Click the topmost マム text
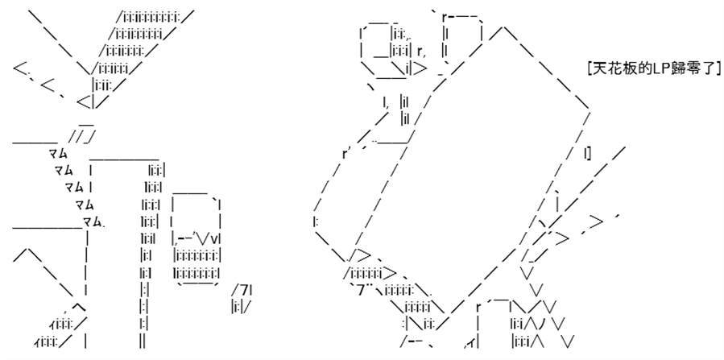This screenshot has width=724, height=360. (x=58, y=153)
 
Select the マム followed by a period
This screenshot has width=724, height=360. (x=93, y=221)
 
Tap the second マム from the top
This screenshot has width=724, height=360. (x=64, y=170)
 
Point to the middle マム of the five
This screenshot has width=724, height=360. (x=74, y=187)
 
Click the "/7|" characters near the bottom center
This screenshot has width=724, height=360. (x=243, y=290)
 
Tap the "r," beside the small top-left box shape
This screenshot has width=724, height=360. (x=421, y=52)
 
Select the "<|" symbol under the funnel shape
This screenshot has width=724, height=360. (x=86, y=101)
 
